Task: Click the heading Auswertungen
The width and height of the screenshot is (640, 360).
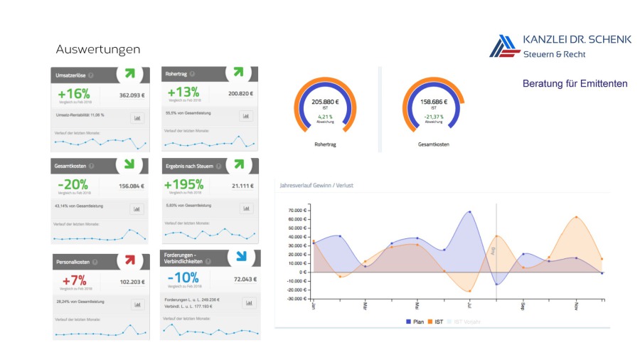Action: point(97,50)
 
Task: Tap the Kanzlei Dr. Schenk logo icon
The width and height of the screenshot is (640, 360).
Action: point(503,46)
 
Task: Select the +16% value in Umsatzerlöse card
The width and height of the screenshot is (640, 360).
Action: point(74,94)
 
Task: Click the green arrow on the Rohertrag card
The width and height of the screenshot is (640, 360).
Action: point(238,73)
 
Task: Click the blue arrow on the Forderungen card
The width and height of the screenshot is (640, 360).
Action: point(242,256)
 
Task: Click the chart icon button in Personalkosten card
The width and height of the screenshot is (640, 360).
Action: point(137,305)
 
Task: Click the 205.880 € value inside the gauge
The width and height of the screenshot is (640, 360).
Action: point(325,102)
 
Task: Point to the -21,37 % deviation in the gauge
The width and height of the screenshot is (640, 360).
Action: point(433,117)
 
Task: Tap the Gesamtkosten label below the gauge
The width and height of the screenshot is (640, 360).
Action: point(433,144)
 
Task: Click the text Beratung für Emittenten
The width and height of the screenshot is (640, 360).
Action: point(575,84)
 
